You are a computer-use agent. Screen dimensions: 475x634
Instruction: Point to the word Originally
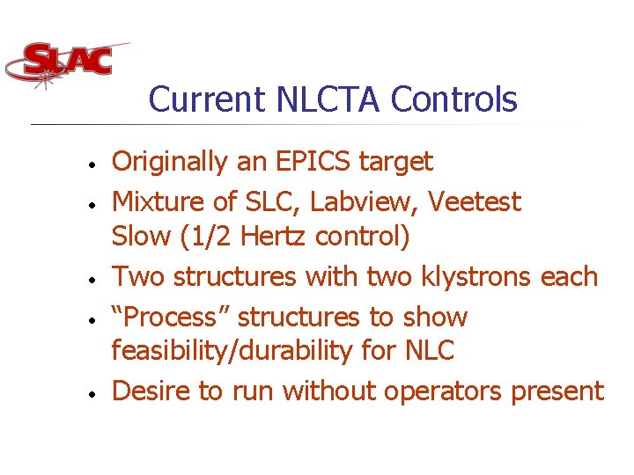[x=169, y=163]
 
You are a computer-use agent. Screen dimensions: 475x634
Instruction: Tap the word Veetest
[x=475, y=202]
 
